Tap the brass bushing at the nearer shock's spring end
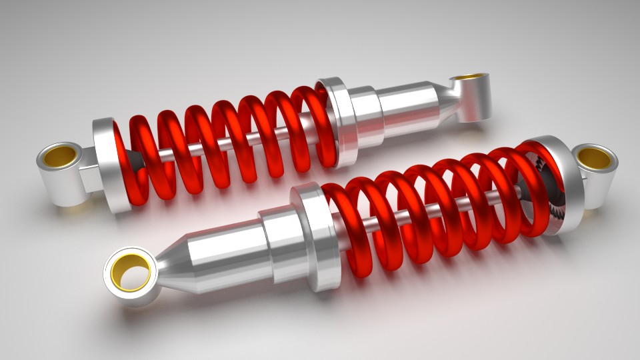click(x=595, y=158)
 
